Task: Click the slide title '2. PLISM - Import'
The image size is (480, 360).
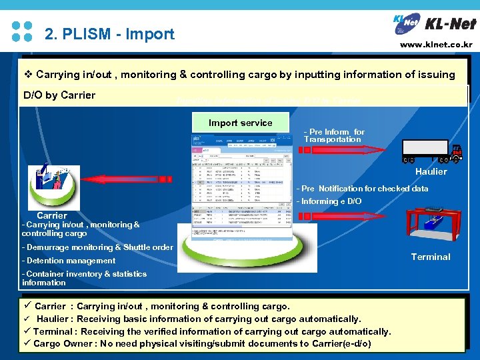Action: click(109, 33)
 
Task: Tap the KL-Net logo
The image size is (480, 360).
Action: click(435, 25)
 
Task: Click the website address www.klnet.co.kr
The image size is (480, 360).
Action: click(436, 45)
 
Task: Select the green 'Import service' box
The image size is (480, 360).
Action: click(240, 123)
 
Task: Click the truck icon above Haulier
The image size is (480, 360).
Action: click(431, 152)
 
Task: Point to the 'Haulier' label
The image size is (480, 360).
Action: click(431, 172)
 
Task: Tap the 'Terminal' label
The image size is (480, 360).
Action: click(431, 257)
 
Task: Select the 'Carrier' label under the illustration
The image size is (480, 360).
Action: click(52, 215)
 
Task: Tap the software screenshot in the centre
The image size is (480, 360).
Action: click(241, 187)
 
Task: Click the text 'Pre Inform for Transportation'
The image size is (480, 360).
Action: click(334, 136)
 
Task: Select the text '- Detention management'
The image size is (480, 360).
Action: click(69, 261)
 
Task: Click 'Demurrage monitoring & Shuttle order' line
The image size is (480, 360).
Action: click(97, 247)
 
